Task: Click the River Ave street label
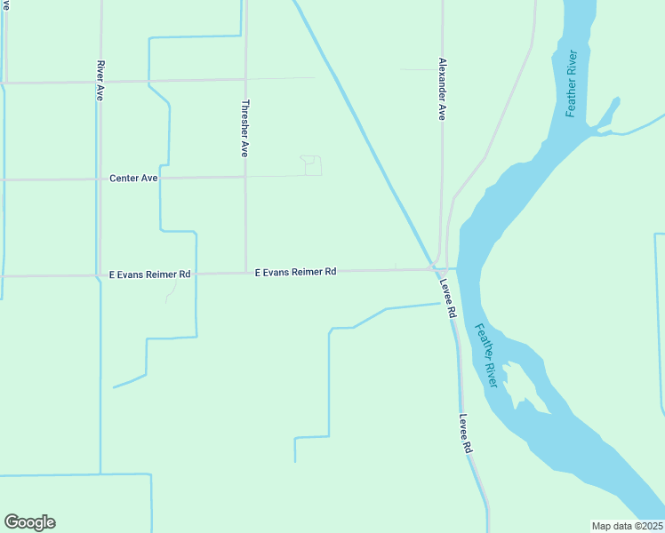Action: coord(100,80)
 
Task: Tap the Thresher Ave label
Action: coord(245,128)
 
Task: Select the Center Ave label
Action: coord(133,179)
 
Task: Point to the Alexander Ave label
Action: coord(442,89)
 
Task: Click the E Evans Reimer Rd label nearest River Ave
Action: coord(149,274)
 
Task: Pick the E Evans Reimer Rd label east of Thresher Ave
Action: coord(295,272)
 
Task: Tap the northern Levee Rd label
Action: coord(448,299)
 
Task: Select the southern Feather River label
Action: coord(485,354)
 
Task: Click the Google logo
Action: coord(29,522)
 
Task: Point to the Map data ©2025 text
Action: coord(627,526)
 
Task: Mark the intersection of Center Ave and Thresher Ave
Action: coord(245,177)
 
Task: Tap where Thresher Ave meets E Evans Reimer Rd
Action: coord(245,273)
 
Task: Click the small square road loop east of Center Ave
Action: coord(311,165)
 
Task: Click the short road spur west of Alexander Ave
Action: coord(420,68)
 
